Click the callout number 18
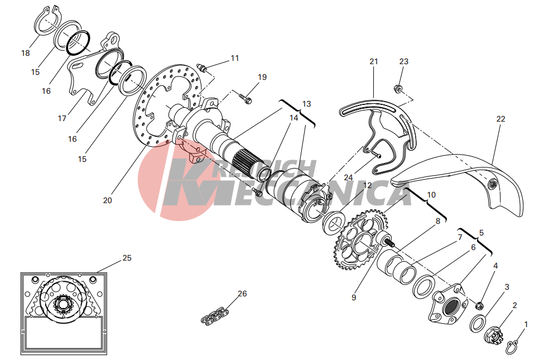[x=26, y=53]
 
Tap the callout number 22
[x=500, y=119]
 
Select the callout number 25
[x=127, y=258]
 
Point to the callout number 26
[x=242, y=294]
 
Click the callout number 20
[x=108, y=200]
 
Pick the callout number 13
[x=306, y=104]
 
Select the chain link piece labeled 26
[x=213, y=316]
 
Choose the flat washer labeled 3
[x=478, y=323]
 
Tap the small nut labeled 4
[x=479, y=305]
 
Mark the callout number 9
[x=354, y=297]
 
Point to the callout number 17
[x=62, y=118]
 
